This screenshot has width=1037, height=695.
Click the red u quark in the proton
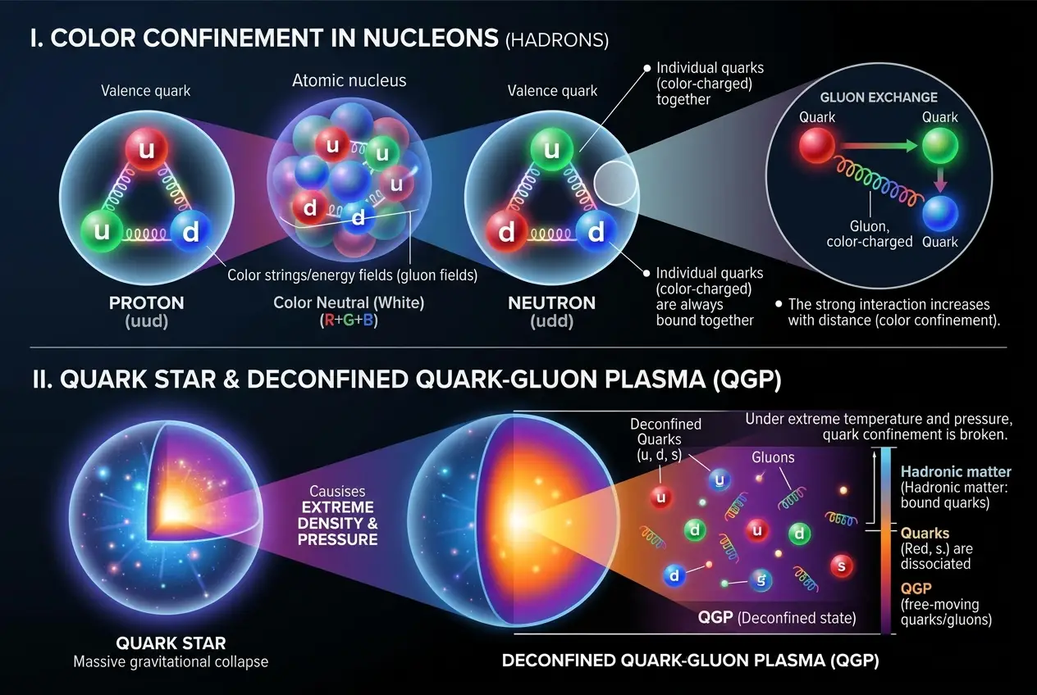point(146,151)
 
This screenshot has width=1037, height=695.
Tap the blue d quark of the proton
point(190,233)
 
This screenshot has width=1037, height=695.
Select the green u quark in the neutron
point(552,151)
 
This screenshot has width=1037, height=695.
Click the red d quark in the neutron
point(507,233)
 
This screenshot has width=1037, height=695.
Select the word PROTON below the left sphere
point(147,303)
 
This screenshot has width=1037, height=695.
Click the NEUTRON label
point(552,303)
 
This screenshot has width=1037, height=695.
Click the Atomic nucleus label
point(349,80)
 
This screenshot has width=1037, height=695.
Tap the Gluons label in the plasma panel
point(773,457)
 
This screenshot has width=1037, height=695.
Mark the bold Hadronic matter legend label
point(956,471)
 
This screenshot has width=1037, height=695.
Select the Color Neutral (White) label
point(349,303)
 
